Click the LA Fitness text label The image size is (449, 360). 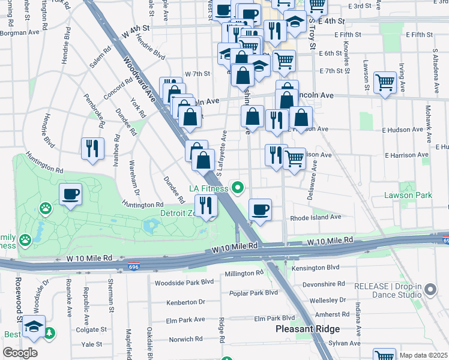209,189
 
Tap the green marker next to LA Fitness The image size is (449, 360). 238,189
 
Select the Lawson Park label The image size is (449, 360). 408,196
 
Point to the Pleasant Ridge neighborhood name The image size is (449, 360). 307,329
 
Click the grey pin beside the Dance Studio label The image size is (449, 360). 430,290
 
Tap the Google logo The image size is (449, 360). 20,353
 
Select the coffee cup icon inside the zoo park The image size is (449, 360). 71,194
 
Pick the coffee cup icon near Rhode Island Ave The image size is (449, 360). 260,210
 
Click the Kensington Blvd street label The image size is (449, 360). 315,267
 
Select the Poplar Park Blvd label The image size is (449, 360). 254,293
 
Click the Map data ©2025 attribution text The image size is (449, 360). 423,355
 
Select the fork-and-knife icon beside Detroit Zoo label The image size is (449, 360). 206,206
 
